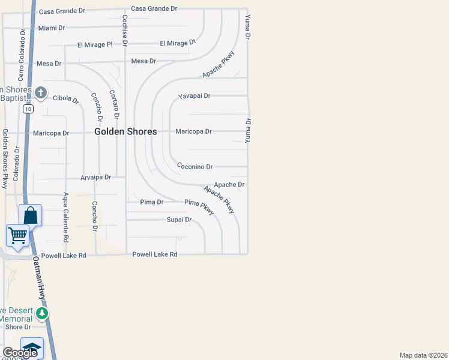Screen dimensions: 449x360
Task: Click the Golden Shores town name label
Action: point(125,131)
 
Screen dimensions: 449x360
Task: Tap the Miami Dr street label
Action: point(51,28)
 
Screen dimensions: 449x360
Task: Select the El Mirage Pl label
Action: point(95,44)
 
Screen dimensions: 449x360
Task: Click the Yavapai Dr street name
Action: point(194,96)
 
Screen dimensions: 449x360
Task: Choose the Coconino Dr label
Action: point(194,167)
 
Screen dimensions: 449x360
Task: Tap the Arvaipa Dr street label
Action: point(96,178)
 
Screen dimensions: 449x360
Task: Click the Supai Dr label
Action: point(179,220)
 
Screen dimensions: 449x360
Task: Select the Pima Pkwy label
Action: point(199,206)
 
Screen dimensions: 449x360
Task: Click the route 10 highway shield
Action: point(28,109)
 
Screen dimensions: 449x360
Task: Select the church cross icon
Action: point(41,92)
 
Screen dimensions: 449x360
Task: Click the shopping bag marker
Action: point(30,215)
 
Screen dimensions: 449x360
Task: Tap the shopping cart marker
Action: point(17,235)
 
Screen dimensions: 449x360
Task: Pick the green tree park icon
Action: point(41,313)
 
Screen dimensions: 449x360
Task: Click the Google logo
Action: point(20,353)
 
